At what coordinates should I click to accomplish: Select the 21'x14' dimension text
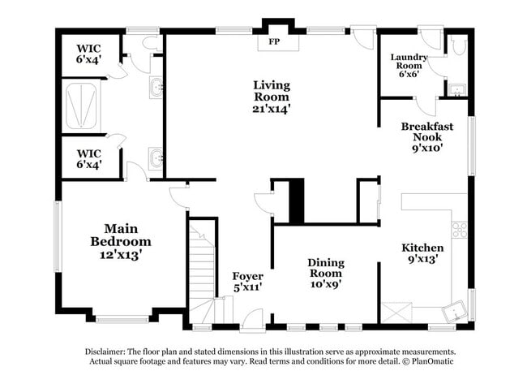tap(271, 107)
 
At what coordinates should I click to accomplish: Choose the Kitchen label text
tap(422, 248)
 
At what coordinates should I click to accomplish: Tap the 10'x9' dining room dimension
tap(325, 285)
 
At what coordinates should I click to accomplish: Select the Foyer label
tap(247, 276)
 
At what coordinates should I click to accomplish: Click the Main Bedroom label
tap(121, 235)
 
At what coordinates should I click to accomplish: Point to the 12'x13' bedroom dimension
tap(121, 254)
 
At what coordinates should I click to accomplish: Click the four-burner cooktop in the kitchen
tap(460, 230)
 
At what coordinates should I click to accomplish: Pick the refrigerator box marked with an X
tap(397, 311)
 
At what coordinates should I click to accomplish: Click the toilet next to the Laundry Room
tap(459, 46)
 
